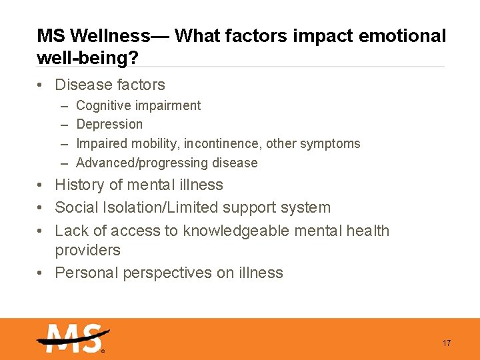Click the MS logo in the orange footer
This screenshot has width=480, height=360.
(72, 338)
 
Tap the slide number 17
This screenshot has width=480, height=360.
(447, 343)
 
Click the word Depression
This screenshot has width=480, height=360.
(109, 125)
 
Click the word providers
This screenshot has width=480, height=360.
(87, 250)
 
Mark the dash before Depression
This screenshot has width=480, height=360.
(63, 125)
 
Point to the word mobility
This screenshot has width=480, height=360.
(156, 143)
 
